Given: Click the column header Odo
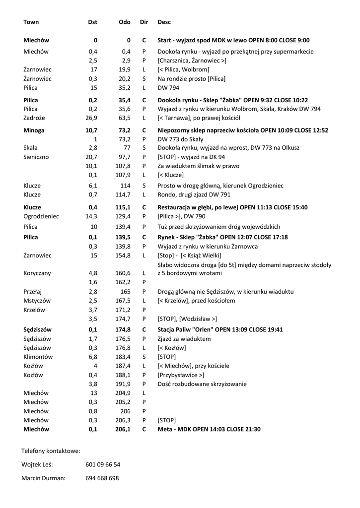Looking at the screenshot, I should point(125,22).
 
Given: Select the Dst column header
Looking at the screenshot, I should point(92,22).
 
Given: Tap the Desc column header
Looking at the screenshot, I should point(164,22).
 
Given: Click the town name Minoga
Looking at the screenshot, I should point(34,130).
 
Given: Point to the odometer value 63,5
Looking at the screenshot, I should point(124,118).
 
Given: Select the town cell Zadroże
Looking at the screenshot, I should point(33,118).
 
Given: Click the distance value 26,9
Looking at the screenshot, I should point(91,118).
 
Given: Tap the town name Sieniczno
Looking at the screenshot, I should point(36,157).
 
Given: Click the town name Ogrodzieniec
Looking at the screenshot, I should point(41,216).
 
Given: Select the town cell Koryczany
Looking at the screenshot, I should point(37,273).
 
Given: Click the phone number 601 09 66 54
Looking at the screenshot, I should point(103,465).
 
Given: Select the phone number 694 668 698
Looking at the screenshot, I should point(102,478).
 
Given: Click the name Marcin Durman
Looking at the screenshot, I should point(44,478).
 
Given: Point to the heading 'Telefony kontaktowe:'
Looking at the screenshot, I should point(51,451).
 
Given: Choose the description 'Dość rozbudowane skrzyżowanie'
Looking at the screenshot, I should point(202,384).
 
